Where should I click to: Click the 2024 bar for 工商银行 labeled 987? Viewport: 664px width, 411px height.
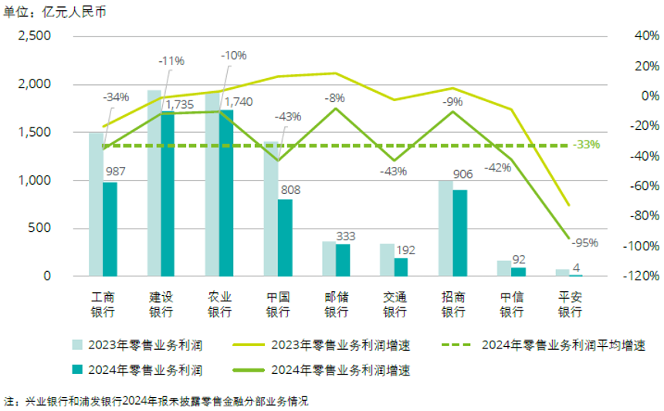[x=110, y=229]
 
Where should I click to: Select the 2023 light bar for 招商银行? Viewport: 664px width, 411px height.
[x=445, y=228]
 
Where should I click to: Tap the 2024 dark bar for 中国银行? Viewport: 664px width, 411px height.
[x=285, y=238]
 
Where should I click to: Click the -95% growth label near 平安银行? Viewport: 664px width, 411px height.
[x=584, y=243]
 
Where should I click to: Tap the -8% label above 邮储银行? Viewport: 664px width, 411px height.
[x=334, y=98]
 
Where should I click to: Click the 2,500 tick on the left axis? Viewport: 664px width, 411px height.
[x=34, y=36]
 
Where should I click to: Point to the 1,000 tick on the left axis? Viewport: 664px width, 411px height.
[x=34, y=180]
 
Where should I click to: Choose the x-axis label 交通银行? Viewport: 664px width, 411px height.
[x=395, y=304]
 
